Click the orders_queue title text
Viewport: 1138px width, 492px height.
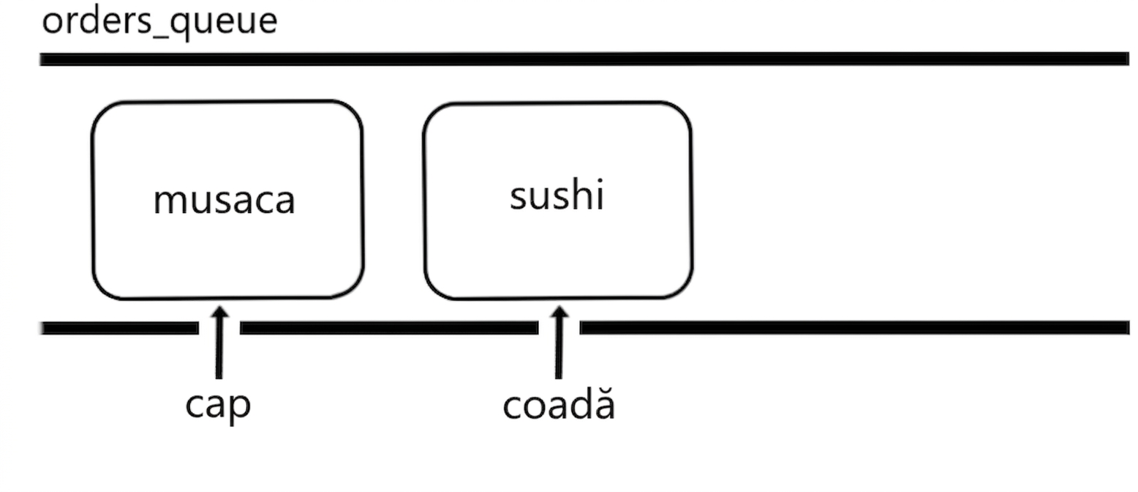click(159, 23)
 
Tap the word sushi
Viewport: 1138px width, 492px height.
click(557, 194)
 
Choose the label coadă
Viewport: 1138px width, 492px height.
click(559, 404)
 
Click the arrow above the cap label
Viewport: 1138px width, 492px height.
click(219, 343)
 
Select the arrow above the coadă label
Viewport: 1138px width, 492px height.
click(559, 343)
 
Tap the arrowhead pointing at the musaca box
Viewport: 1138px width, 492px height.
click(219, 313)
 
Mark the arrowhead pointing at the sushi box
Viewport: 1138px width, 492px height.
click(559, 313)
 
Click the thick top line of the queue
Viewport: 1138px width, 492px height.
click(584, 59)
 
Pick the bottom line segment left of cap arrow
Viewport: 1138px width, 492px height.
click(119, 328)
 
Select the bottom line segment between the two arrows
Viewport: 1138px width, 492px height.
click(389, 328)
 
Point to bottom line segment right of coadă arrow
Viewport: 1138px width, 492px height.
click(854, 328)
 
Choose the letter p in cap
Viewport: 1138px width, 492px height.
click(241, 409)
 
